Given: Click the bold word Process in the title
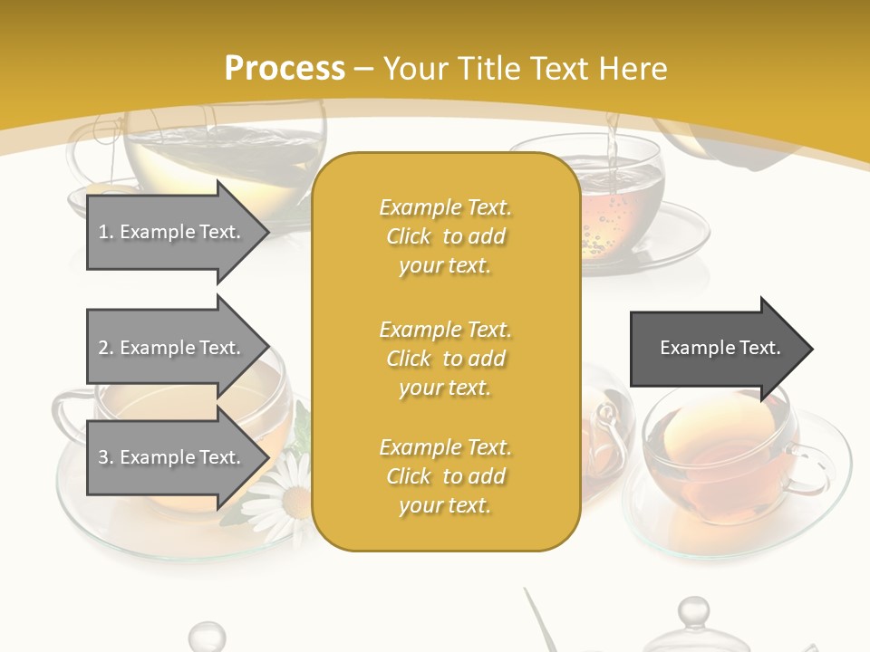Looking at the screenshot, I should tap(285, 69).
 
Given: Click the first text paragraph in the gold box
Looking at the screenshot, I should tap(445, 236).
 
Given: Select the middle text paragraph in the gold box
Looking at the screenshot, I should tap(445, 359).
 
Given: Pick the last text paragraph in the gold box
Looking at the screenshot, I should tap(445, 476).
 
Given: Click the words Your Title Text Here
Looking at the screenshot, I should tap(526, 69).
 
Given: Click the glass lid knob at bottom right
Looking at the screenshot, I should tap(693, 612).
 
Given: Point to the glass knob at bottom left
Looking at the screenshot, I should tap(208, 635).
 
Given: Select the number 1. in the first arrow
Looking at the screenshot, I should tap(106, 233).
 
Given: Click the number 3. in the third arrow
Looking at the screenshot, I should tap(106, 457).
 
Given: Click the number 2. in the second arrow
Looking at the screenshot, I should tap(106, 348).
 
